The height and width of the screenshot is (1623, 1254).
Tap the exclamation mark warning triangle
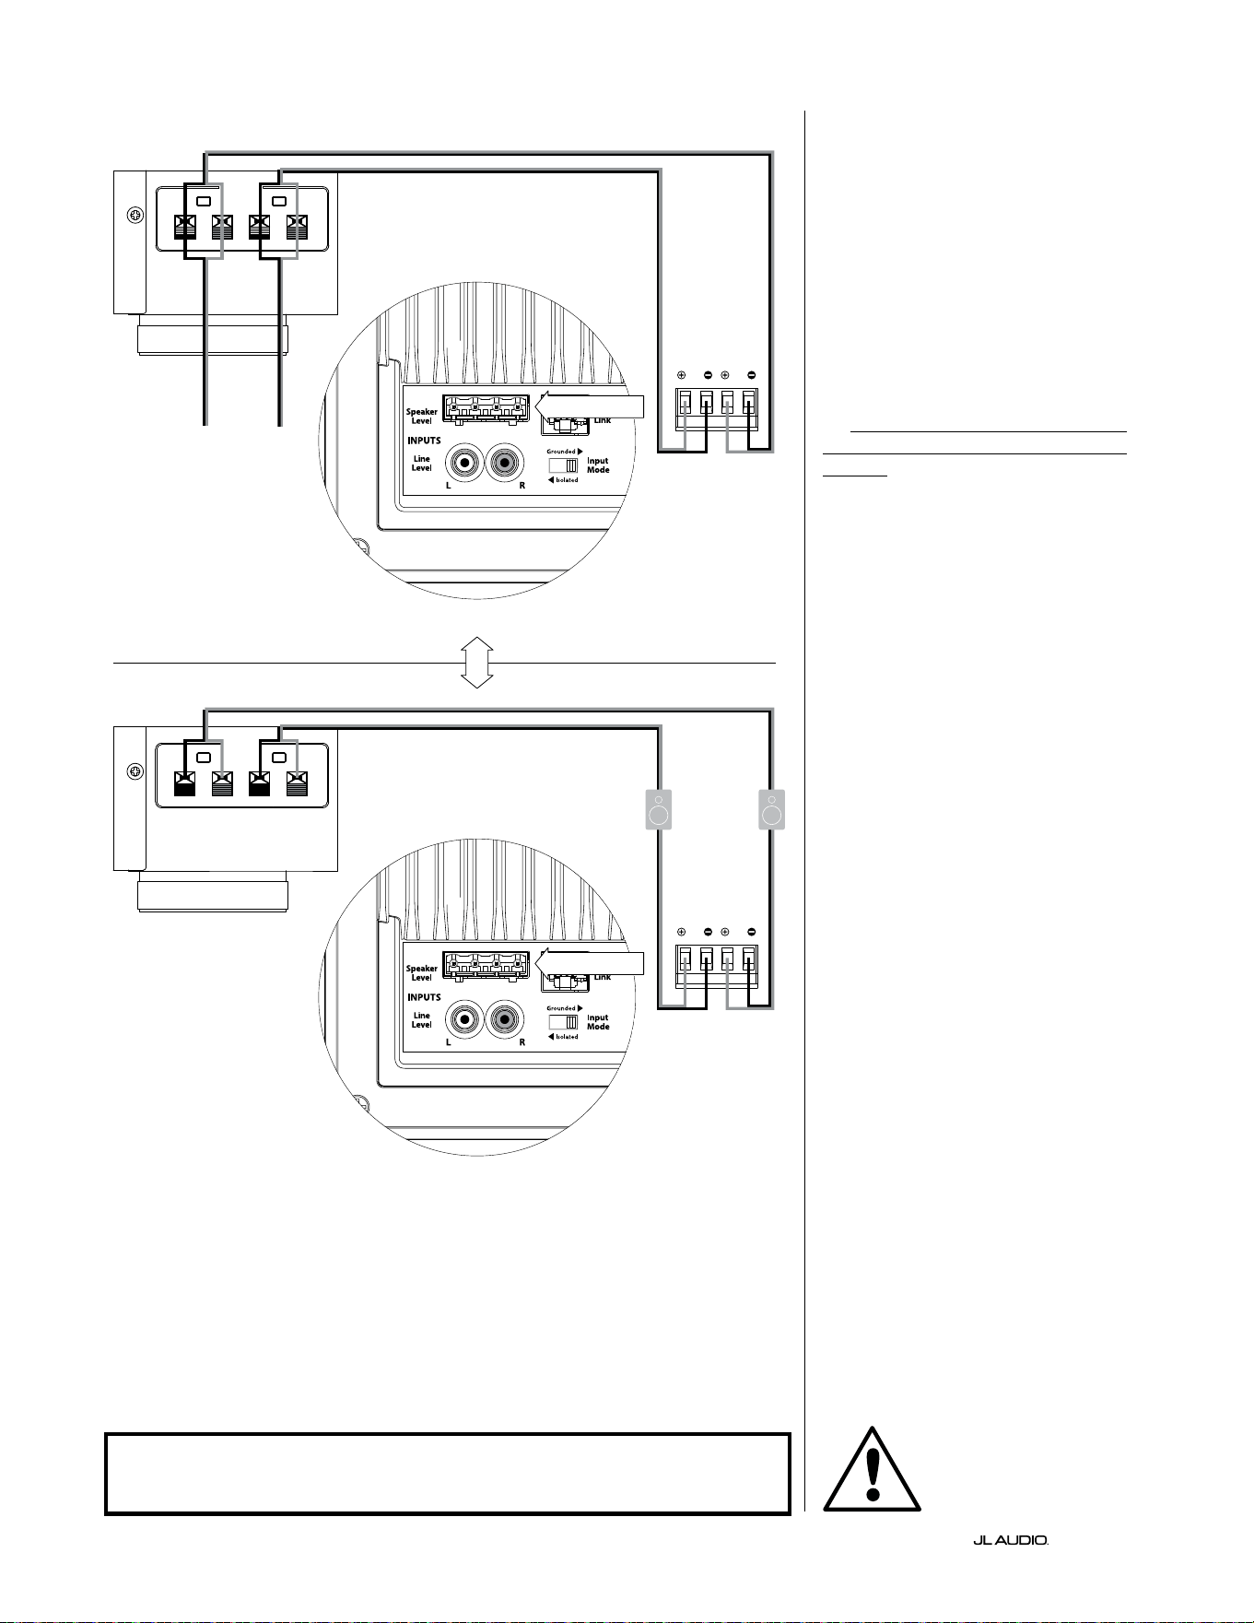click(872, 1469)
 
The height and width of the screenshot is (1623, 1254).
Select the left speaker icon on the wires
click(658, 810)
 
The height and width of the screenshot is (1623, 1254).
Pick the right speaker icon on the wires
click(771, 810)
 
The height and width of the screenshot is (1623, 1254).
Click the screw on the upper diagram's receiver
click(135, 215)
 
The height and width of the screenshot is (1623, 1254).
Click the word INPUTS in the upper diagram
click(424, 441)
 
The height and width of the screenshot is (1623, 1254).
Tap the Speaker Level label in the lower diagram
click(422, 973)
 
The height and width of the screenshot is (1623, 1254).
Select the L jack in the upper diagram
click(465, 463)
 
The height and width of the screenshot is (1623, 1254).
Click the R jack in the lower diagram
click(504, 1019)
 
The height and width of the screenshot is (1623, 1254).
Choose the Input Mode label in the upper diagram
click(598, 465)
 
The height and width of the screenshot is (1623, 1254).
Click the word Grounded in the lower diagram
click(561, 1008)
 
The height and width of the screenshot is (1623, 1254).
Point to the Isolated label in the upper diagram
click(564, 480)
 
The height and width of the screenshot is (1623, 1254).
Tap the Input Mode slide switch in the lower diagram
click(563, 1022)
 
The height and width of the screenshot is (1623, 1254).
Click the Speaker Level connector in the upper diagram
click(486, 409)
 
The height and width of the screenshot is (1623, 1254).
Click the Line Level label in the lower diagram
click(421, 1020)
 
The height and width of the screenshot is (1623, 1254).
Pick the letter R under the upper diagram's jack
click(522, 486)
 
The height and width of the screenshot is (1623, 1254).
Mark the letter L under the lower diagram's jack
click(449, 1042)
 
